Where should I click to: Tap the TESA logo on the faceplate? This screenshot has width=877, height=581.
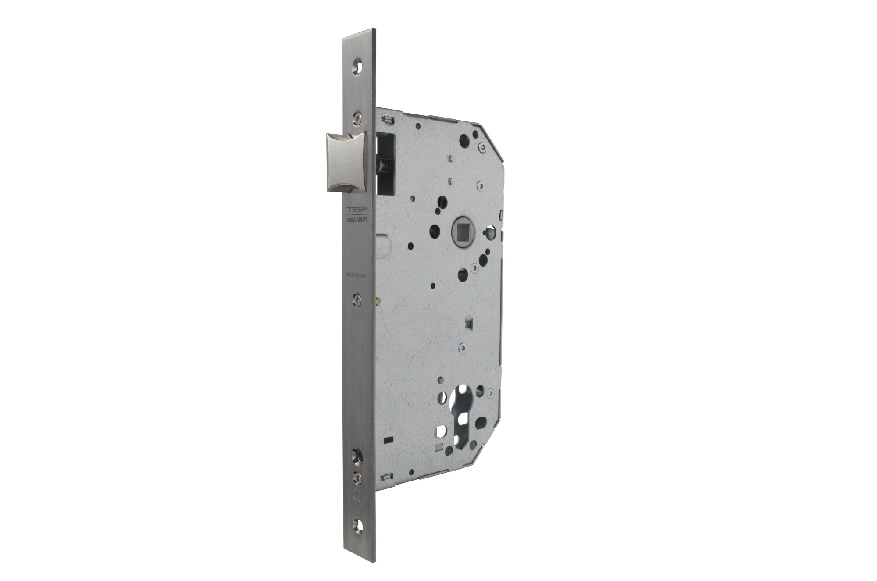click(356, 210)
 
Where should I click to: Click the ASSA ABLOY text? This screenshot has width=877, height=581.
click(357, 219)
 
